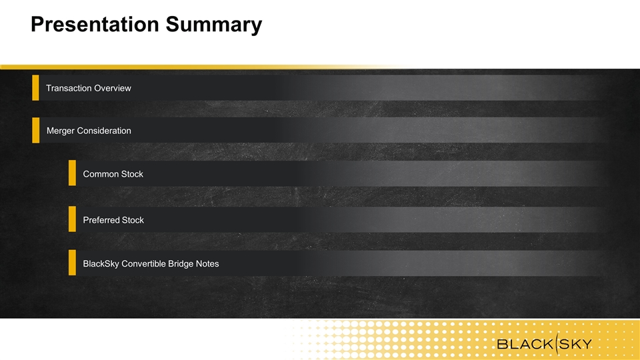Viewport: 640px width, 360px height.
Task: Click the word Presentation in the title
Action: pyautogui.click(x=95, y=24)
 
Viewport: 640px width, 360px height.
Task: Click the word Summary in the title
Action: pyautogui.click(x=214, y=25)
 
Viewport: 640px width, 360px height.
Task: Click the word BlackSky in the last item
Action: pyautogui.click(x=101, y=264)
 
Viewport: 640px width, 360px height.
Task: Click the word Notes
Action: pyautogui.click(x=207, y=264)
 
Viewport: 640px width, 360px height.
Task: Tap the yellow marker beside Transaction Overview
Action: pyautogui.click(x=35, y=87)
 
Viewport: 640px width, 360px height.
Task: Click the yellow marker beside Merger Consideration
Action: pyautogui.click(x=36, y=130)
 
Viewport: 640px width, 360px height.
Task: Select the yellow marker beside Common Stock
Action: pyautogui.click(x=72, y=173)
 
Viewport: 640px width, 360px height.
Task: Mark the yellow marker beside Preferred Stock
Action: pyautogui.click(x=72, y=219)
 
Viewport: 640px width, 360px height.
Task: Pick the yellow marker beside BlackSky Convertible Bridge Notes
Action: pyautogui.click(x=72, y=263)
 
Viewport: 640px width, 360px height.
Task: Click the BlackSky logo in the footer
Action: pyautogui.click(x=545, y=344)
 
